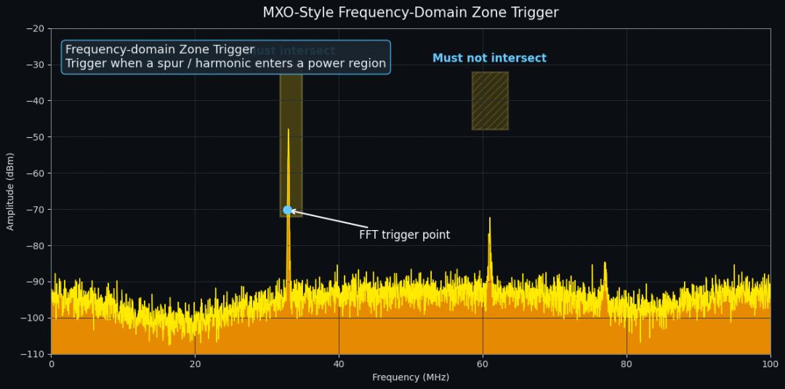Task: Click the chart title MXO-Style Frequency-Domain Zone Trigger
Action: (x=411, y=13)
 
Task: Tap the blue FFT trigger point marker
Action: (x=287, y=210)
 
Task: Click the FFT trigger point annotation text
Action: (x=404, y=235)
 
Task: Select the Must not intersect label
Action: (x=489, y=58)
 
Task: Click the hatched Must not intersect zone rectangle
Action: (x=490, y=101)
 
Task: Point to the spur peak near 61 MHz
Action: (x=489, y=218)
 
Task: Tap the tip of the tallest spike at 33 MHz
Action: (x=288, y=131)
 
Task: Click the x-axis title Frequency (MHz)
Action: (x=411, y=377)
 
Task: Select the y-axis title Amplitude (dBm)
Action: (x=10, y=192)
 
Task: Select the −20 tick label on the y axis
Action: (x=34, y=28)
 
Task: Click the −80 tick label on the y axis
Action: (x=34, y=245)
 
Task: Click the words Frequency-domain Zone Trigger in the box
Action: (x=160, y=49)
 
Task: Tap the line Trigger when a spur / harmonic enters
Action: (x=225, y=64)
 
